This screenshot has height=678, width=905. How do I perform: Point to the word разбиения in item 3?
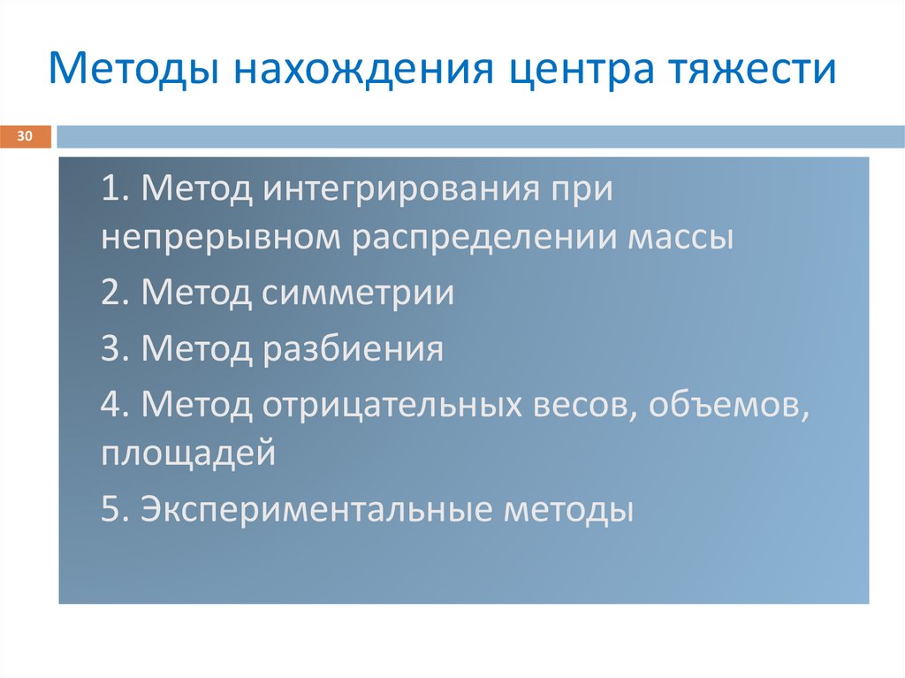pos(353,349)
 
